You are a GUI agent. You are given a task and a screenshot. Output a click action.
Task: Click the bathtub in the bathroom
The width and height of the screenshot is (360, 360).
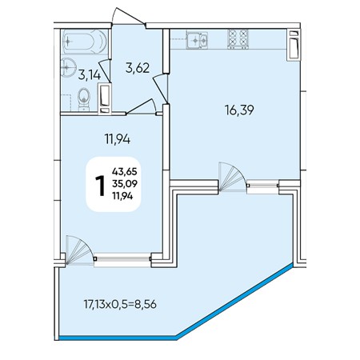[85, 42]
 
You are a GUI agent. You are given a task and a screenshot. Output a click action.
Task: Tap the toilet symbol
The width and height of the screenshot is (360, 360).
[84, 99]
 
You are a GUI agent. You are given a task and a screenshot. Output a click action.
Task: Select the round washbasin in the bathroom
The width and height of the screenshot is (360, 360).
[66, 67]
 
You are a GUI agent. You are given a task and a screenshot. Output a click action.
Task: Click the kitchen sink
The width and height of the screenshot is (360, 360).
[197, 40]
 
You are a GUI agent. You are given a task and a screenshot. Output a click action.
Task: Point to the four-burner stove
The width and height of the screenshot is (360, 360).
[238, 39]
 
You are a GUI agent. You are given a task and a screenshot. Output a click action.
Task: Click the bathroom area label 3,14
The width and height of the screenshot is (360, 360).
[90, 75]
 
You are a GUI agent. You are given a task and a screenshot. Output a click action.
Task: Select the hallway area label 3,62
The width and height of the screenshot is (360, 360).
[138, 68]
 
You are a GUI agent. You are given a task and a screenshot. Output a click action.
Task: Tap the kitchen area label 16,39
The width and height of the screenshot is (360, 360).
[239, 110]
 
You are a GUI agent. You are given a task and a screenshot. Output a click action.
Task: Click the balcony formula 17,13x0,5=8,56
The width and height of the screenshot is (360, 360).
[120, 304]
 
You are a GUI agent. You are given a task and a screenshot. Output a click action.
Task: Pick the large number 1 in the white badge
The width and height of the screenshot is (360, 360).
[101, 186]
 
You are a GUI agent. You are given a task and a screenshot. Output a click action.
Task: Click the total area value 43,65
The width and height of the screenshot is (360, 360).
[125, 171]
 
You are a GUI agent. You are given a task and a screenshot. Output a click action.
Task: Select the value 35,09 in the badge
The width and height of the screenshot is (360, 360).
[125, 184]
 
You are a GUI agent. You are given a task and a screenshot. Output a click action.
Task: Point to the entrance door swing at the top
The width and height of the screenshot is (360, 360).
[128, 17]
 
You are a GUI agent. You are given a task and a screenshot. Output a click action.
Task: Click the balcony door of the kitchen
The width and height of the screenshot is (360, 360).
[233, 177]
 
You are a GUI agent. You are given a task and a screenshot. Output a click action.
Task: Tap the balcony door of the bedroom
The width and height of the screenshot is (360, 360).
[79, 250]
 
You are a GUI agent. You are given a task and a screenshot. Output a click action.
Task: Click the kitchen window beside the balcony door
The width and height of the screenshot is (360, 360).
[263, 185]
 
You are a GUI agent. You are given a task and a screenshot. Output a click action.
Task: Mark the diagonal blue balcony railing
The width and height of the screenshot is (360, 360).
[234, 302]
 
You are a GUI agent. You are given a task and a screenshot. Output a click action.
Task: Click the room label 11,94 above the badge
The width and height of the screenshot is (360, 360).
[118, 139]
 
